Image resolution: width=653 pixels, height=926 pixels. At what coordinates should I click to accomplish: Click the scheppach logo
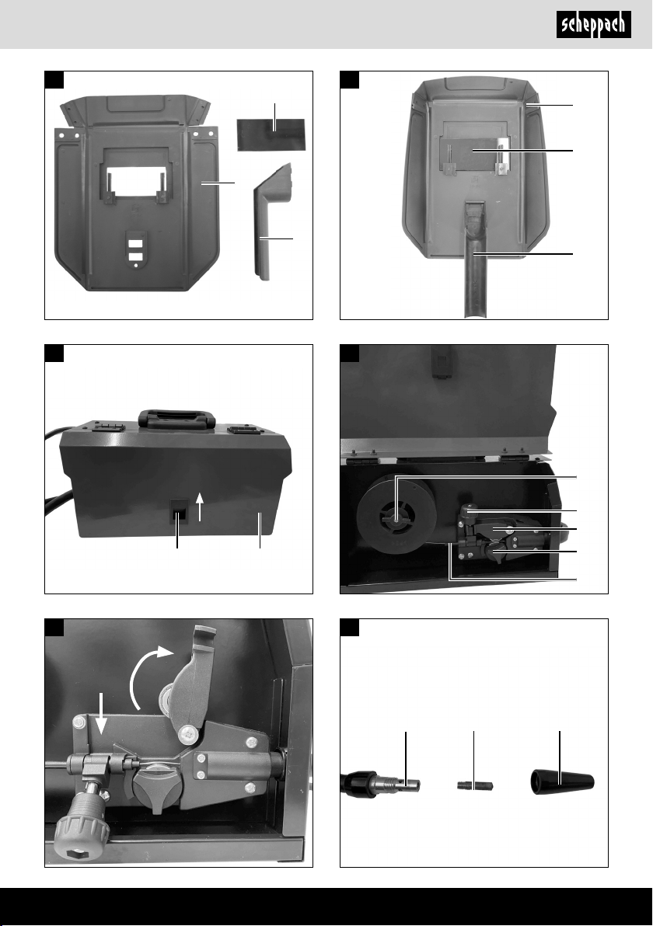tap(593, 26)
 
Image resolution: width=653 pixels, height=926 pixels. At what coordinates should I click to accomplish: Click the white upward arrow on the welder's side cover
tap(201, 507)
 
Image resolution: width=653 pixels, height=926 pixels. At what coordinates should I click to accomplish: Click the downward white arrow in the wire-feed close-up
tap(103, 713)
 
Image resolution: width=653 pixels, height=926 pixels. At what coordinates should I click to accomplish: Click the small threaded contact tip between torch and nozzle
tap(475, 786)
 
